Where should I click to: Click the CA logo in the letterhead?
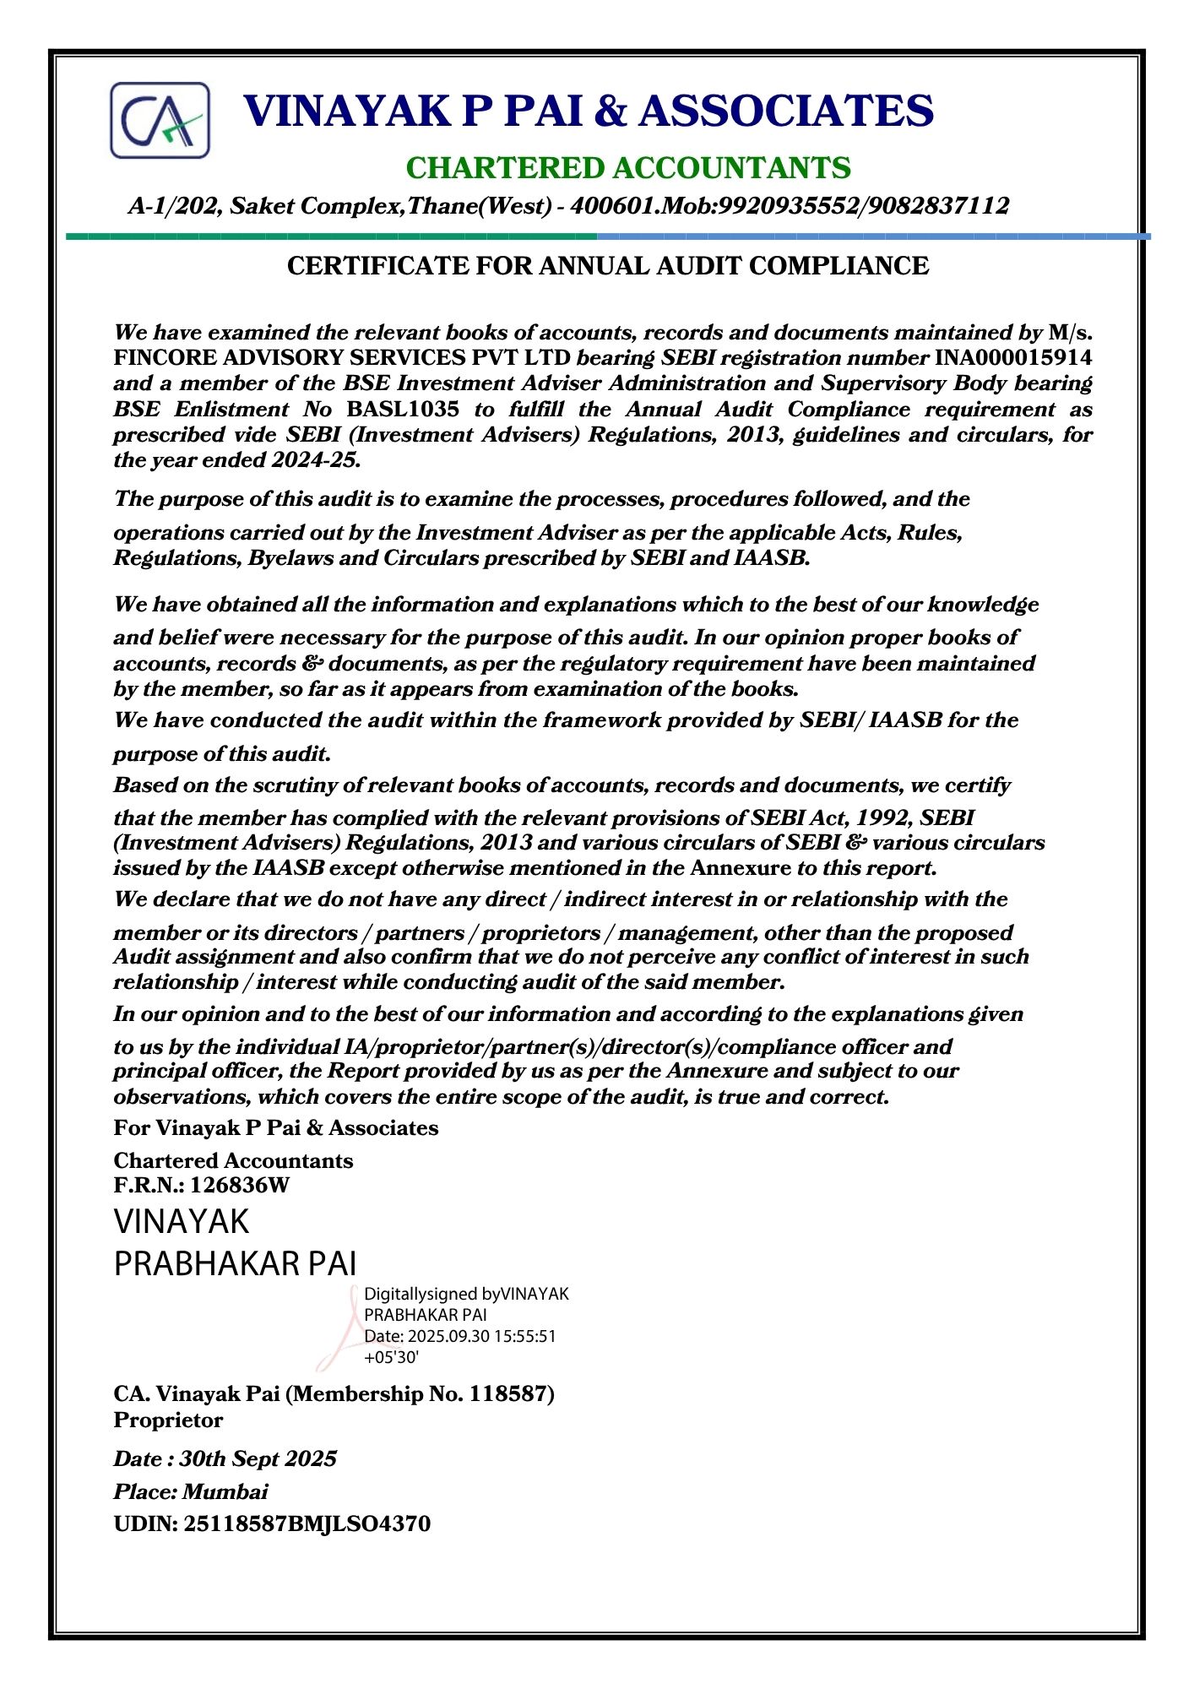pyautogui.click(x=160, y=120)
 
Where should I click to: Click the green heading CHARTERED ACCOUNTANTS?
pyautogui.click(x=628, y=168)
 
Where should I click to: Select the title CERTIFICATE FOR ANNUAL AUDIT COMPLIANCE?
pyautogui.click(x=608, y=266)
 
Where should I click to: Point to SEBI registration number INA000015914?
pyautogui.click(x=1012, y=357)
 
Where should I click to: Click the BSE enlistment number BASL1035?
pyautogui.click(x=403, y=410)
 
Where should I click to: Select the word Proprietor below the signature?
pyautogui.click(x=168, y=1420)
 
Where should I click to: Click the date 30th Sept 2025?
pyautogui.click(x=258, y=1458)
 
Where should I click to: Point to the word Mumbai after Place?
pyautogui.click(x=225, y=1491)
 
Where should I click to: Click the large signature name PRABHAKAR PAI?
pyautogui.click(x=235, y=1263)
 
